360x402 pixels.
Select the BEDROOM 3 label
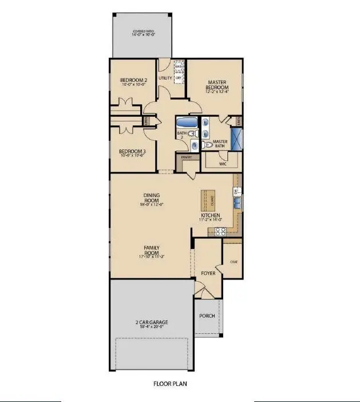click(132, 152)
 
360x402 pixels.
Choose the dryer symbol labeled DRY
click(178, 78)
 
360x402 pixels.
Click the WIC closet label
click(223, 163)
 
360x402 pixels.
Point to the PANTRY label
click(186, 157)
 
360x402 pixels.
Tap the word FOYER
click(207, 274)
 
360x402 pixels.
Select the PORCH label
click(207, 316)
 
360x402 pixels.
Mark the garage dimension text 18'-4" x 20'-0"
click(152, 326)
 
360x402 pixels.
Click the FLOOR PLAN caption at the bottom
click(169, 384)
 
